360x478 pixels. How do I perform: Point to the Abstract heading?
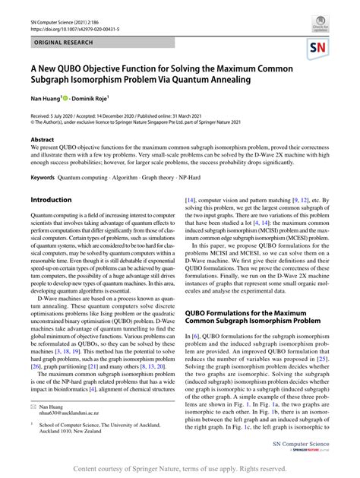(x=42, y=140)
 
